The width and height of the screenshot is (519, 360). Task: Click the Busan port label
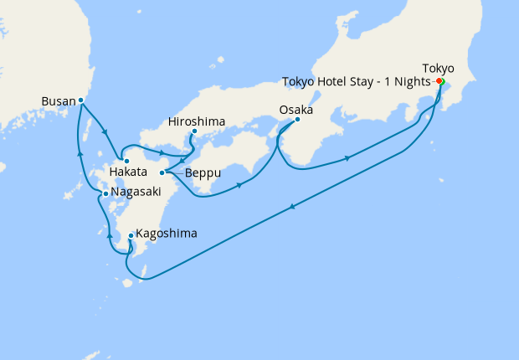click(58, 102)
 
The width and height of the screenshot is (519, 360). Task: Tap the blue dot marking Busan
click(80, 100)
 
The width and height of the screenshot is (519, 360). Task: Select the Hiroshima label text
click(197, 121)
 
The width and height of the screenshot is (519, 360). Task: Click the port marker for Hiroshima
click(193, 131)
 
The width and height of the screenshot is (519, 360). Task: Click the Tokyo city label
click(439, 68)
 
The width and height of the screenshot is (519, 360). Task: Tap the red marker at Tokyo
click(439, 81)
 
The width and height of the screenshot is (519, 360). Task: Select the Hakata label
click(128, 172)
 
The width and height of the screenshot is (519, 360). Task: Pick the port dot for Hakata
click(126, 160)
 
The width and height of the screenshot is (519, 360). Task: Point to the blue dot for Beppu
click(162, 172)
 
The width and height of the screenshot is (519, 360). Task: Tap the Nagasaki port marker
click(105, 193)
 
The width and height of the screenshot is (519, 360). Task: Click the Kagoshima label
click(167, 234)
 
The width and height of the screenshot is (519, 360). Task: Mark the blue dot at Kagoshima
click(131, 236)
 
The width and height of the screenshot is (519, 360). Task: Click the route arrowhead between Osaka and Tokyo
click(347, 157)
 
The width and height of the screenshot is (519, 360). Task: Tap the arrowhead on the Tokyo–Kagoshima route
click(291, 207)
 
